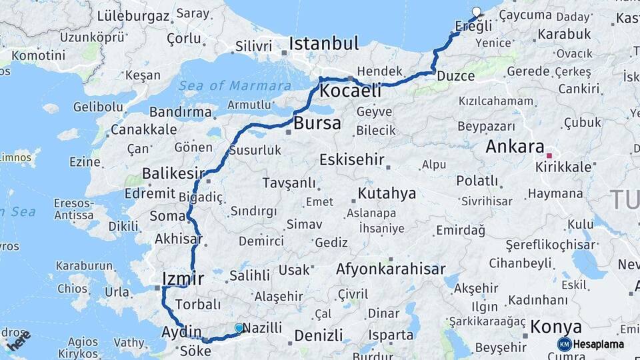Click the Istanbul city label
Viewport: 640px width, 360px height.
click(x=324, y=45)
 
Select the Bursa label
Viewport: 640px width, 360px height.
click(x=317, y=123)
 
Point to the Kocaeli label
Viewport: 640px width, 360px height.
click(x=350, y=91)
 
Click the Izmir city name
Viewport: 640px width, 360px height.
click(x=182, y=278)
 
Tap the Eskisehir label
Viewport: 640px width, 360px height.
click(x=352, y=160)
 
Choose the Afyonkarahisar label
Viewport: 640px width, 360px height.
click(x=391, y=269)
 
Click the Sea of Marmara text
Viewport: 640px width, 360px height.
click(x=234, y=85)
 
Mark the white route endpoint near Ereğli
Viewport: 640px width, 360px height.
click(x=476, y=11)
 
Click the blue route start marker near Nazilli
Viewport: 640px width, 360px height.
click(x=239, y=328)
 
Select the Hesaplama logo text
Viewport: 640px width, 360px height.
click(x=598, y=345)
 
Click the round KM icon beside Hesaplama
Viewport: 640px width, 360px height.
click(x=564, y=344)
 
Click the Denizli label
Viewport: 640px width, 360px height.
click(x=317, y=334)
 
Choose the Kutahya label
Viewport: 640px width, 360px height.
click(x=387, y=194)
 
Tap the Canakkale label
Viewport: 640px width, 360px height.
click(x=144, y=129)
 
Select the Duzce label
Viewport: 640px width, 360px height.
click(x=456, y=76)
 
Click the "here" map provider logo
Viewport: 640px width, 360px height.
click(x=19, y=341)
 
